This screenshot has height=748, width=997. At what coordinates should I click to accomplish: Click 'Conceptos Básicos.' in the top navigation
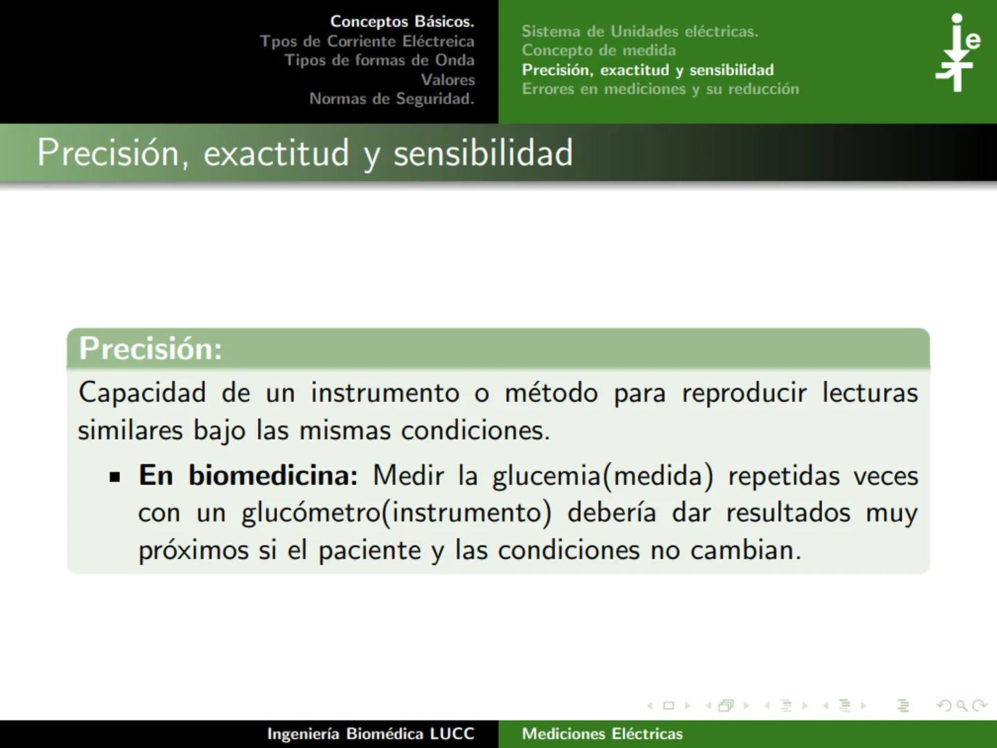click(402, 21)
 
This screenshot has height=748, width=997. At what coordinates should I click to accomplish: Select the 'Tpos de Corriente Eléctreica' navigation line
click(367, 41)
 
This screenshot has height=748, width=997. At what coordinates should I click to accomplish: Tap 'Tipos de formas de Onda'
click(379, 60)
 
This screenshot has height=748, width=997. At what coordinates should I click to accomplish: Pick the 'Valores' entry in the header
click(447, 80)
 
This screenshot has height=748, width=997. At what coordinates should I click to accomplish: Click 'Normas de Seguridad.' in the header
click(391, 99)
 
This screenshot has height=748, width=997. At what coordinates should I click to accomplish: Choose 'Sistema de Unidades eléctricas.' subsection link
click(640, 31)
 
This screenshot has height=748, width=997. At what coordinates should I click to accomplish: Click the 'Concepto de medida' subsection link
click(598, 51)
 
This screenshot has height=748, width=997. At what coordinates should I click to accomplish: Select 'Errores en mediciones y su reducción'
click(660, 89)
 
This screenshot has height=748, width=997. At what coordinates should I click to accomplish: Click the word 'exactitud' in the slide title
click(276, 153)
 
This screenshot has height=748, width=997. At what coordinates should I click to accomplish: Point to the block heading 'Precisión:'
click(150, 348)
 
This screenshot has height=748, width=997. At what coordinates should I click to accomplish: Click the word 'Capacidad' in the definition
click(142, 393)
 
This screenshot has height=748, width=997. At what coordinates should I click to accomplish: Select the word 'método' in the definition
click(551, 393)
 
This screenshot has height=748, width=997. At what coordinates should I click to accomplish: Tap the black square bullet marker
click(115, 477)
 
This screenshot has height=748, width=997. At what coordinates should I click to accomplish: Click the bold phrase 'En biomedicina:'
click(248, 476)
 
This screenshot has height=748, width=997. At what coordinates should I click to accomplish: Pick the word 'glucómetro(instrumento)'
click(396, 513)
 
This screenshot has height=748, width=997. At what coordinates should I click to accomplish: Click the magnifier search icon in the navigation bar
click(962, 706)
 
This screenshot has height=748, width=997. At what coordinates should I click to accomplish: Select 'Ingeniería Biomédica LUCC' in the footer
click(370, 734)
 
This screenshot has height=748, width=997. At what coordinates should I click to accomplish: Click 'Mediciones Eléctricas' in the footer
click(602, 734)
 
